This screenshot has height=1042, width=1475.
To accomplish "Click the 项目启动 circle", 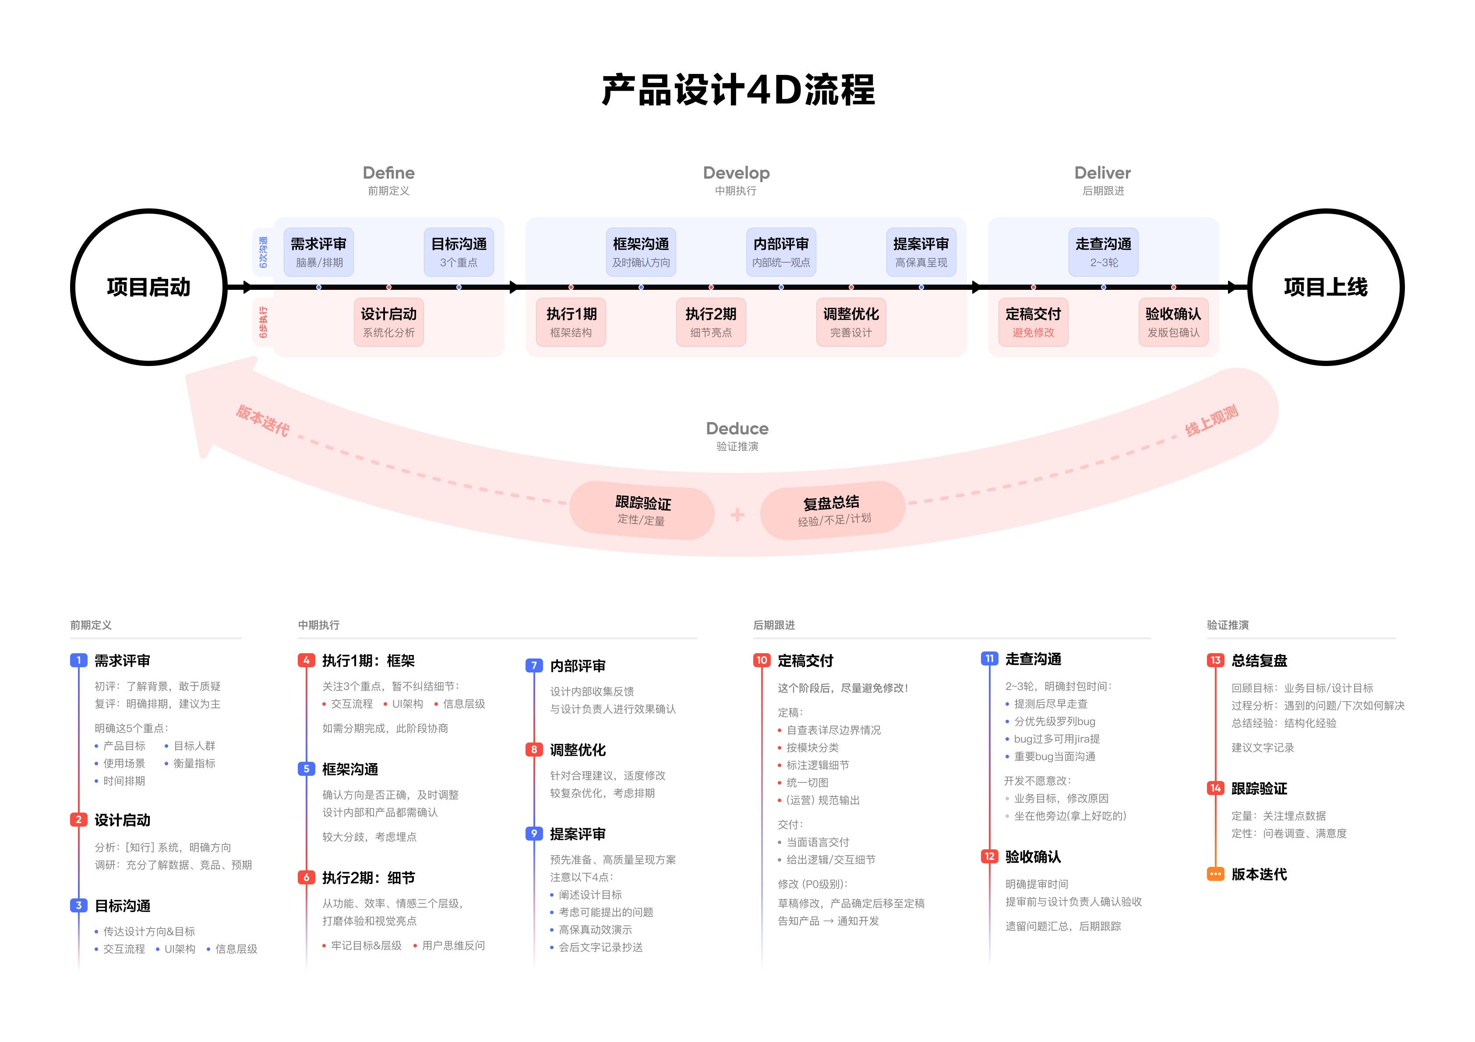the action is point(148,287).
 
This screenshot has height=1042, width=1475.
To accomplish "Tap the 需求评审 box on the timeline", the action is point(319,252).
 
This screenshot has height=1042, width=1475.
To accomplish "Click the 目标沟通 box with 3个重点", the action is point(459,252).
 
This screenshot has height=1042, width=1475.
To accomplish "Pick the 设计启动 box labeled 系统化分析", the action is point(388,322).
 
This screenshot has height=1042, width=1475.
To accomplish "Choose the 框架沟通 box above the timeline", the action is point(640,252).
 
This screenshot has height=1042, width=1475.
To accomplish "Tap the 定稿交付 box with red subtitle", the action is point(1033,322).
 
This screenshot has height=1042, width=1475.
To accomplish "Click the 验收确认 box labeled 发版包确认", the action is point(1173,322).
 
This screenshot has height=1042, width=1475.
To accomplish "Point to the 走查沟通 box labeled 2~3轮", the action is point(1103,252).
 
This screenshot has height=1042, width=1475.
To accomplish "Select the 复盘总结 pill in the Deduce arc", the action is point(833,511).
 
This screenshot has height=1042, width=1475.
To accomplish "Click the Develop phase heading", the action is point(736,173).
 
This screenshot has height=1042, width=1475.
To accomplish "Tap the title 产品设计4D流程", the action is point(737,89).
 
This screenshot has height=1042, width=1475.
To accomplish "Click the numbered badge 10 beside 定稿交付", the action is point(761,660).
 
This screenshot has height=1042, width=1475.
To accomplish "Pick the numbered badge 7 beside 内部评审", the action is point(534,665).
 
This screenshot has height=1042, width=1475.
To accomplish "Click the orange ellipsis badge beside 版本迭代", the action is point(1215,874).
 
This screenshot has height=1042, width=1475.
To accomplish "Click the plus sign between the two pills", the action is point(737,514).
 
